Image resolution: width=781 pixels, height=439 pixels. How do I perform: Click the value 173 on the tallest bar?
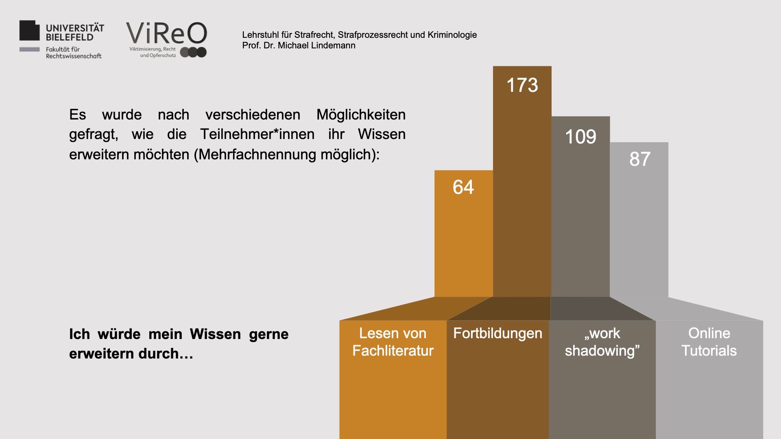pos(522,85)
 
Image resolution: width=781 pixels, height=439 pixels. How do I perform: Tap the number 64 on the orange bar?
pos(463,187)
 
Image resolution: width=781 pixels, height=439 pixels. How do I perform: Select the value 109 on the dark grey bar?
pos(580,137)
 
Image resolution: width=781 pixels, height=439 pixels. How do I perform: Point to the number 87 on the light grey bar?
pos(639,159)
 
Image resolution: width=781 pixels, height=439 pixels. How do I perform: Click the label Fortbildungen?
pos(497,333)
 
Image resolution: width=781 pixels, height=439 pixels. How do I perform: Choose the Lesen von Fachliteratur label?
pos(393,342)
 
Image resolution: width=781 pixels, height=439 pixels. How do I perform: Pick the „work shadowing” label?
pos(602,342)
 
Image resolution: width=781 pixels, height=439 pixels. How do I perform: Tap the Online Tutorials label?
pos(709,342)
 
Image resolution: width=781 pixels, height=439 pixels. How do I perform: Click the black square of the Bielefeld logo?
pos(29,30)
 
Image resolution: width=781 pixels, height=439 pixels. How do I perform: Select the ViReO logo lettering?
pos(166,33)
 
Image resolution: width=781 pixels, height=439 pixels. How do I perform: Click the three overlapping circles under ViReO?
pos(194,52)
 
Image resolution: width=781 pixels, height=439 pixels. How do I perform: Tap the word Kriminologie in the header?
pos(452,35)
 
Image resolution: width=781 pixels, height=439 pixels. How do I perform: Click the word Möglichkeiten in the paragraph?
pos(361,115)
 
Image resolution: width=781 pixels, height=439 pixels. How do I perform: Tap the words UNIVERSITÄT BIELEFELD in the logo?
pos(75,33)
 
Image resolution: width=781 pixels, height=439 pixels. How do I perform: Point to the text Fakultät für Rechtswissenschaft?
pos(73,53)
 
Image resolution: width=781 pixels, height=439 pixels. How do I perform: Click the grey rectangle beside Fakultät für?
pos(30,50)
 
